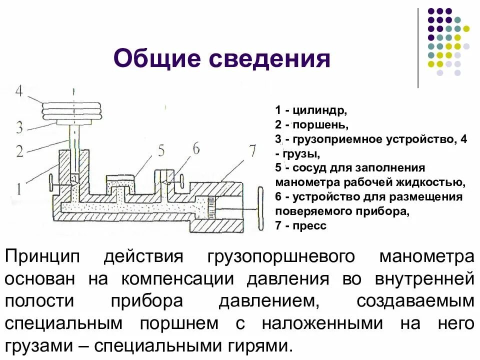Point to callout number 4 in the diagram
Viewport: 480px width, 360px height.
pos(19,92)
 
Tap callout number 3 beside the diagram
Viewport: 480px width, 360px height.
pos(19,127)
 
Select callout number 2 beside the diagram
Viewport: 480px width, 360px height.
pos(19,150)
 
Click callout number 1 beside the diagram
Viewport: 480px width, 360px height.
pos(19,188)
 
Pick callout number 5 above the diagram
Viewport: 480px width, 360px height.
pos(160,150)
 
